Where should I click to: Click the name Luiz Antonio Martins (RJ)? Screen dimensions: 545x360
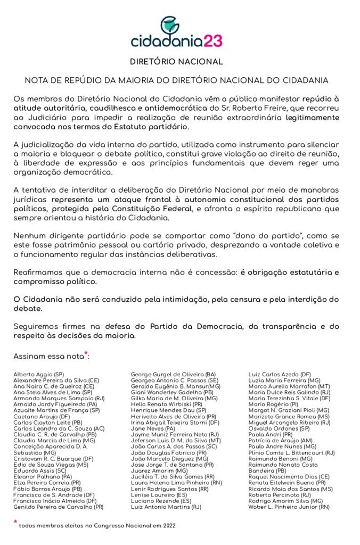click(x=166, y=507)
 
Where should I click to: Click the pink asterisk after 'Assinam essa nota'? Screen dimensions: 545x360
click(x=86, y=352)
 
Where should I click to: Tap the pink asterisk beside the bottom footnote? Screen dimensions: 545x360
click(x=15, y=523)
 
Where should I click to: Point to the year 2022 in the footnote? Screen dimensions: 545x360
click(x=167, y=526)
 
